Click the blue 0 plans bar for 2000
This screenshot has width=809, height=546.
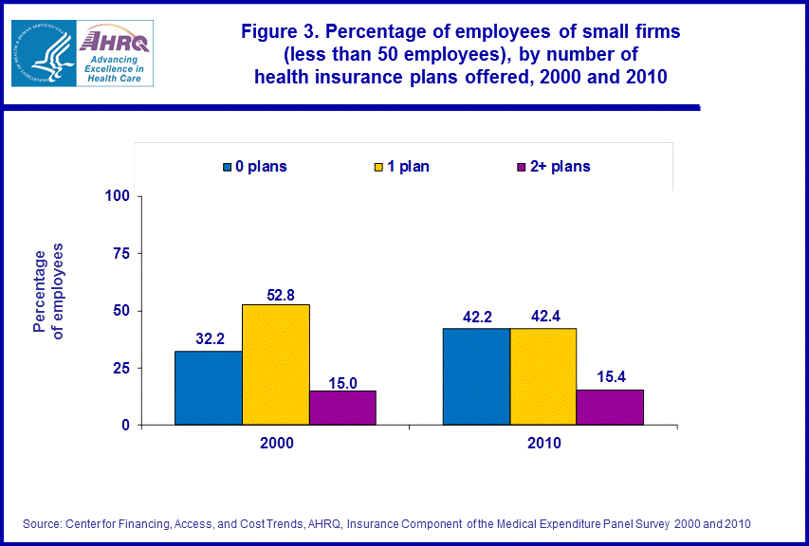[209, 388]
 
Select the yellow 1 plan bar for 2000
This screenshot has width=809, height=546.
[275, 364]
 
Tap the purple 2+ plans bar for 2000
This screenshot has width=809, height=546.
[342, 408]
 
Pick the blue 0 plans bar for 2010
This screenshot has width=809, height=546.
[476, 376]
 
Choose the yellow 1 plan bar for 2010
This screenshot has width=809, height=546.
[542, 376]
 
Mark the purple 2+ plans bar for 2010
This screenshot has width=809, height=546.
[610, 407]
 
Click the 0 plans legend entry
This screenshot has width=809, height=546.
[255, 167]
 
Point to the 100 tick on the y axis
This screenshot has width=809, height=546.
[117, 196]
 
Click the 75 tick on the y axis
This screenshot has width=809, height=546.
[120, 253]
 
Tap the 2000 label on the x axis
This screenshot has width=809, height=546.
[275, 443]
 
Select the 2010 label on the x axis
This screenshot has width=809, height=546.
[542, 443]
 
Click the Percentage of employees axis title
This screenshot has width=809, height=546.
[48, 290]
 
